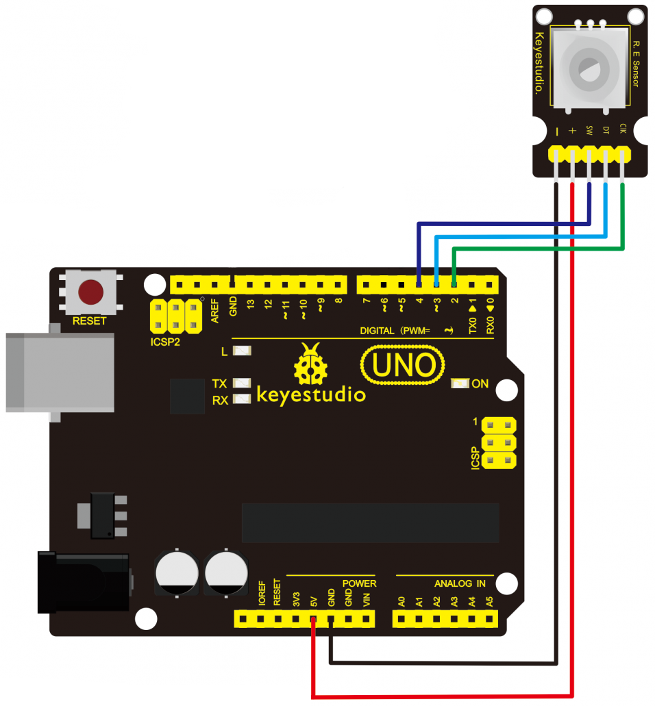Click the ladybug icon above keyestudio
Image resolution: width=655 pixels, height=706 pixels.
click(311, 366)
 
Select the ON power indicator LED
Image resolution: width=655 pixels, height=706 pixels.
click(459, 383)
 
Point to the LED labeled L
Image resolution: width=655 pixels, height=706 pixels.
click(242, 351)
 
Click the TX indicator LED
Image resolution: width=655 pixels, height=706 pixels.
click(242, 383)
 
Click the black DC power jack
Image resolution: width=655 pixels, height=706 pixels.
click(82, 583)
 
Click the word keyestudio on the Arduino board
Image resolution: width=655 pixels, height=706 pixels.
click(311, 395)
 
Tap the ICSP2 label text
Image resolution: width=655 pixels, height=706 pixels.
click(165, 340)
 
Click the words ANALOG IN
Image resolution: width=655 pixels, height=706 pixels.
click(460, 583)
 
